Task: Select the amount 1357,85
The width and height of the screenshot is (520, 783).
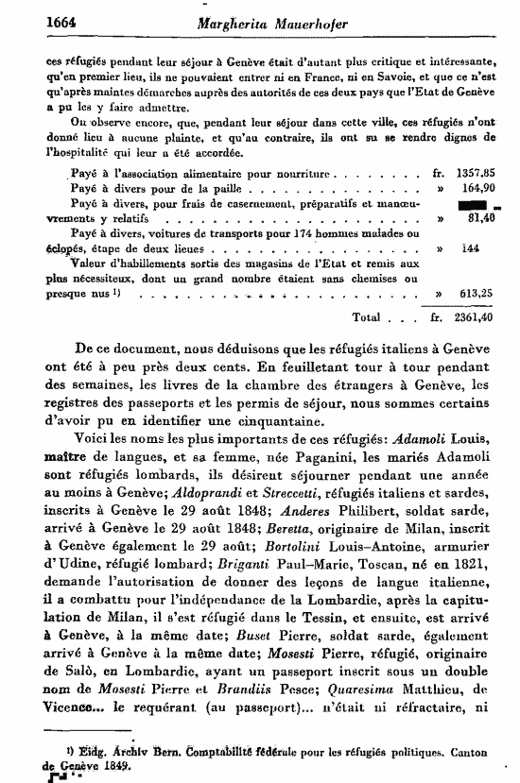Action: pos(477,174)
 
